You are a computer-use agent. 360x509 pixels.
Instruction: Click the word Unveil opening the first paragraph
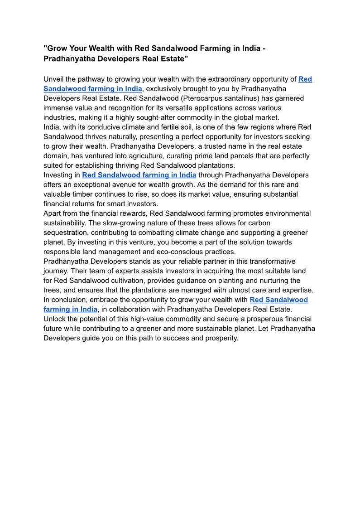tap(54, 79)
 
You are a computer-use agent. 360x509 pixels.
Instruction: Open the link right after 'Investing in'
tap(139, 175)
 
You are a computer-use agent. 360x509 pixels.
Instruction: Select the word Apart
tap(53, 213)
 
